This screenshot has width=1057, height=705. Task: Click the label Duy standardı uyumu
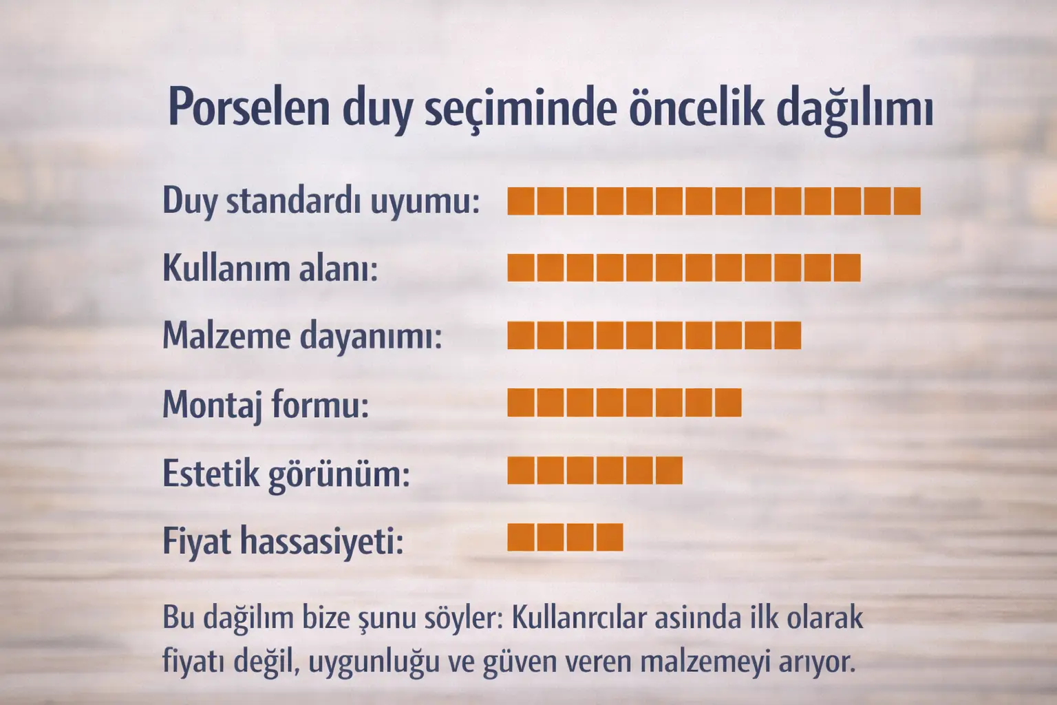coord(321,201)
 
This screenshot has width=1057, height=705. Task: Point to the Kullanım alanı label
coord(270,268)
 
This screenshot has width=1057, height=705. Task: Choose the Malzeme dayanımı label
coord(302,336)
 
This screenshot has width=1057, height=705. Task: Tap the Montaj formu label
coord(266,404)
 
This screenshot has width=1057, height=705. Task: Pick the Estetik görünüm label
coord(286,473)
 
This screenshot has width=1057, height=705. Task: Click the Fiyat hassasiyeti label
coord(283,540)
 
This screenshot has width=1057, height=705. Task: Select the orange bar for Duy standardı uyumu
coord(714,200)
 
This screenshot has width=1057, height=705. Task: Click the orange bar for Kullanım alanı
coord(684,268)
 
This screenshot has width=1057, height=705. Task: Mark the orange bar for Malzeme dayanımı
coord(654,335)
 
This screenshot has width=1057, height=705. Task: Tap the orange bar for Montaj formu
coord(624,403)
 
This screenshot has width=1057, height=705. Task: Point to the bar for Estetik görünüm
coord(595,470)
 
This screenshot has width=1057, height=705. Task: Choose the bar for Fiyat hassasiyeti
coord(565,538)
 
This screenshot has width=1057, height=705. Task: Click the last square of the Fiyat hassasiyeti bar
coord(610,538)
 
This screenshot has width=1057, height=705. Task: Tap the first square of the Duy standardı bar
coord(521,200)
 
